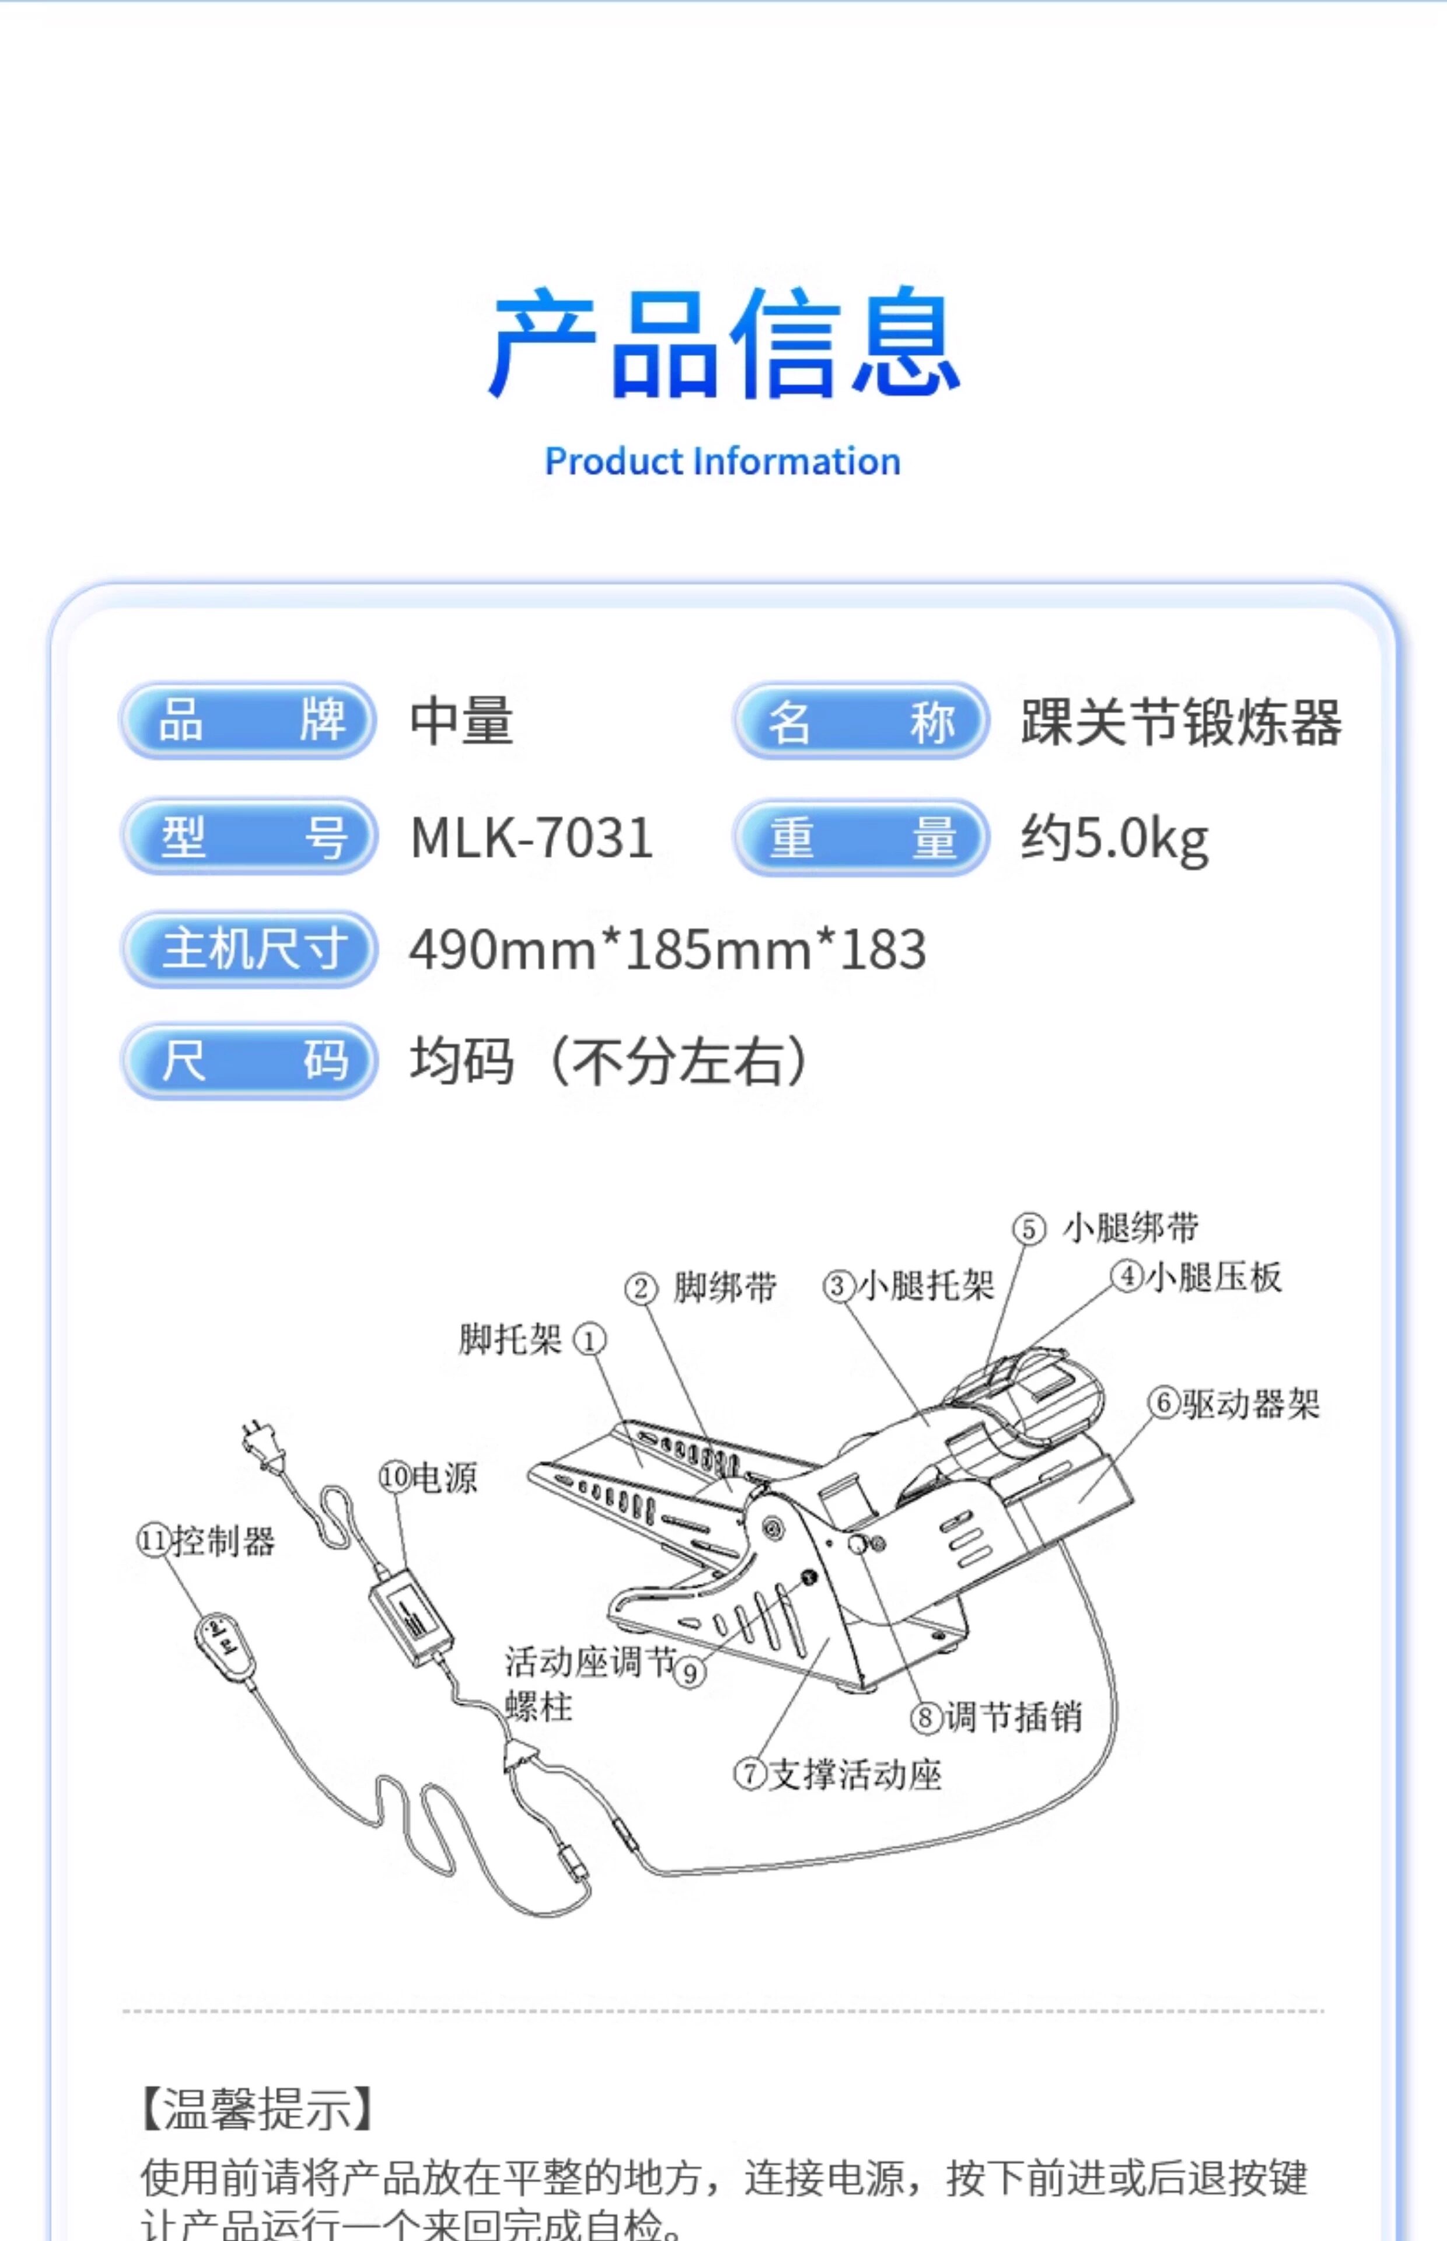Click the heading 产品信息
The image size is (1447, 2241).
point(723,344)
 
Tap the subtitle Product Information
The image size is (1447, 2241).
point(722,462)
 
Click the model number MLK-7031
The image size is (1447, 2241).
point(532,837)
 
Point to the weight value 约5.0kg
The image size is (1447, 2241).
point(1114,838)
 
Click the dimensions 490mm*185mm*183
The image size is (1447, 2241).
point(667,949)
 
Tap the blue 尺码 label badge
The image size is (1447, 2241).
point(250,1061)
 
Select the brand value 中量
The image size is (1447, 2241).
point(462,722)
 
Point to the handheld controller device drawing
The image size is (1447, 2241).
point(225,1640)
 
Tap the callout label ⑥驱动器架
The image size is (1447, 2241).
point(1233,1404)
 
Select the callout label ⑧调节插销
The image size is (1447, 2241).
point(996,1717)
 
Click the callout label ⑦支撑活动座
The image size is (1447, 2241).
point(838,1774)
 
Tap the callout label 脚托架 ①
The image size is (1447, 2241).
point(532,1339)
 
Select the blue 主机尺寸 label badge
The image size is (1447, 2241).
point(250,949)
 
